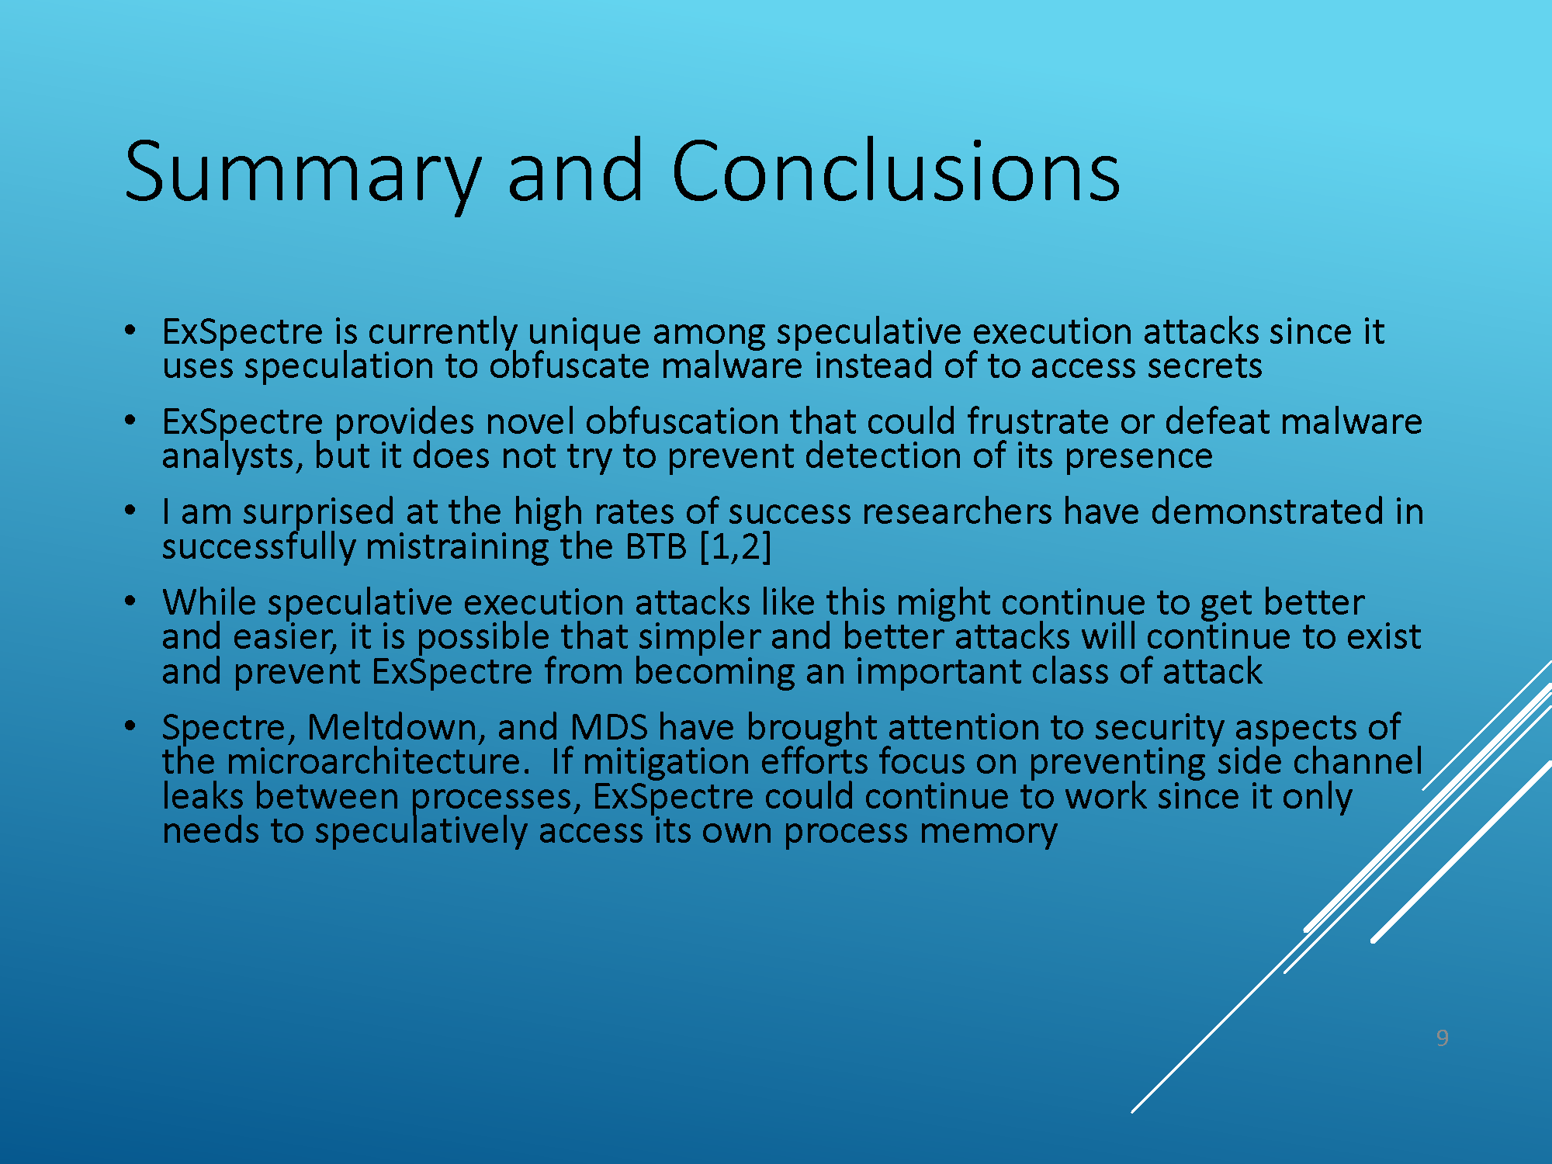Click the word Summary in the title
[x=303, y=174]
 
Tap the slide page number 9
[x=1442, y=1038]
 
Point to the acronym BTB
[x=656, y=546]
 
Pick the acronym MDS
[x=609, y=727]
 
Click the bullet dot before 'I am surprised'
[x=130, y=511]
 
